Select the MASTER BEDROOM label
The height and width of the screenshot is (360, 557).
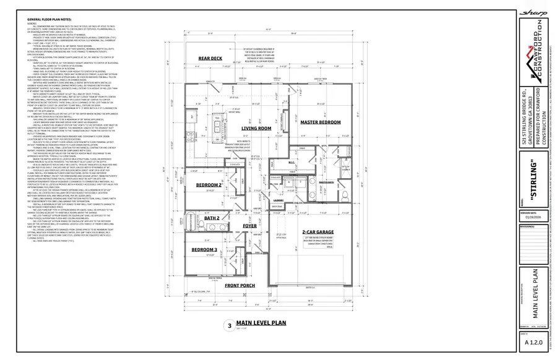[x=321, y=122]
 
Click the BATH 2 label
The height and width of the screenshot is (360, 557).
[x=212, y=218]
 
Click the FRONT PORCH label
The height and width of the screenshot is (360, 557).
[x=240, y=285]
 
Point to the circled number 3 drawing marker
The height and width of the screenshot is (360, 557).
[x=229, y=325]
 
